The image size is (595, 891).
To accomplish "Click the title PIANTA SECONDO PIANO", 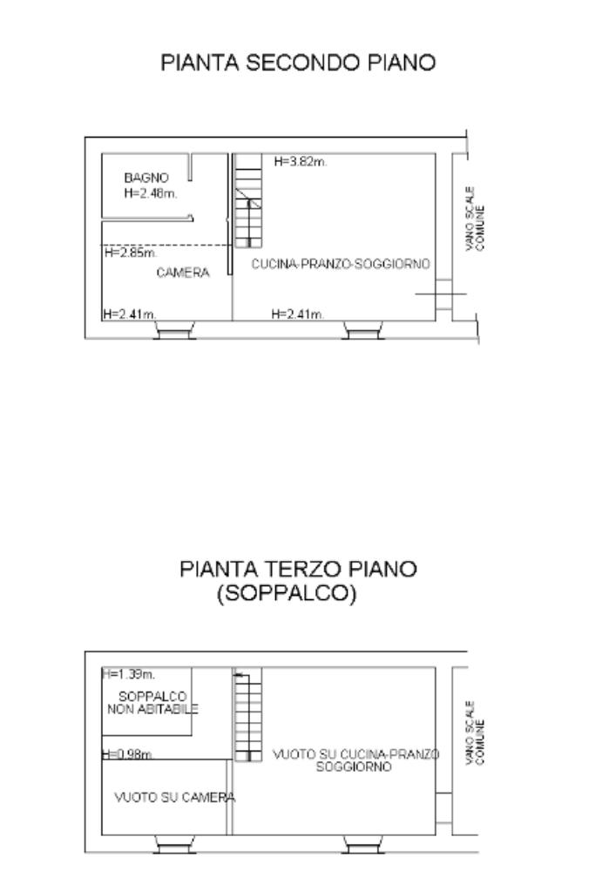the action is point(298,63).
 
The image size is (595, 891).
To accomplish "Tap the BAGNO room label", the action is point(146,178).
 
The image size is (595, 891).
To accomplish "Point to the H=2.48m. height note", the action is point(151,193).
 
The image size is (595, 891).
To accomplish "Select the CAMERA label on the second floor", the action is point(183,273).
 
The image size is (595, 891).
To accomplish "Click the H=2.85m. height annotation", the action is point(130,253).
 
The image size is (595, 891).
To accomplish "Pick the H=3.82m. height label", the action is point(300,161).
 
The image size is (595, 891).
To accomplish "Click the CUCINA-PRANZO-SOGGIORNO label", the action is point(341,264).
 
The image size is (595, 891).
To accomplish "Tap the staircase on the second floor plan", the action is point(248,200).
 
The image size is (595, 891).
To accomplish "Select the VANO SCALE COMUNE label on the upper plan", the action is point(475,219).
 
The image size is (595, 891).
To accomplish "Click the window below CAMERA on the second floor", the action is point(174,330).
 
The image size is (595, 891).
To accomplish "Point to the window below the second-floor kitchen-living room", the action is point(363,330).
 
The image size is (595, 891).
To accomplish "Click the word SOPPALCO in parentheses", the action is point(287,593).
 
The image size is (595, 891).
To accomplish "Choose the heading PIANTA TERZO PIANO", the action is point(298,569).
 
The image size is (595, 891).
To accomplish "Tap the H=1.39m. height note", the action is point(128,674).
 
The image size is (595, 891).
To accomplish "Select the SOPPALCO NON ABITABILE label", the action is point(152,703).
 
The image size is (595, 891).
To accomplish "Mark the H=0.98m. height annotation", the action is point(127,754).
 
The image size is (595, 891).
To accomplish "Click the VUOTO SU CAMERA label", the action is point(174,798).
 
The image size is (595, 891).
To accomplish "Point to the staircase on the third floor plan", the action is point(248,715).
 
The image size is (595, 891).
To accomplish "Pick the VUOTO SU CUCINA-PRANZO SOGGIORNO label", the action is point(355,760).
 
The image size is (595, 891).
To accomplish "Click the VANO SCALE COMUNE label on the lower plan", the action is point(475,732).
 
